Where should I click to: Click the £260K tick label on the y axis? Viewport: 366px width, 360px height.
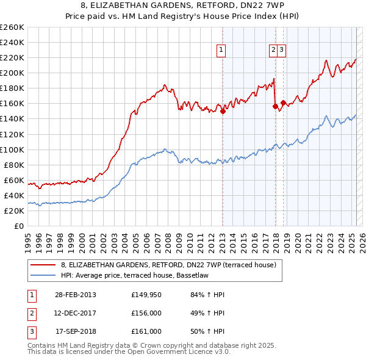(12, 27)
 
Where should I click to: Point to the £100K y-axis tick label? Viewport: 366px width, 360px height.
(12, 149)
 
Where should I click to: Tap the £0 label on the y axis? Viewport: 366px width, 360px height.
(19, 226)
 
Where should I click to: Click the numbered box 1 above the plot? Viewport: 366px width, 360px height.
(220, 51)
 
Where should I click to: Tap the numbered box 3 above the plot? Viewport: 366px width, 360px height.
(282, 51)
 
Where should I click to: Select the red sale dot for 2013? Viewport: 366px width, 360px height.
(223, 111)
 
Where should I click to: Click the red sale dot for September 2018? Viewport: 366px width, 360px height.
(284, 103)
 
